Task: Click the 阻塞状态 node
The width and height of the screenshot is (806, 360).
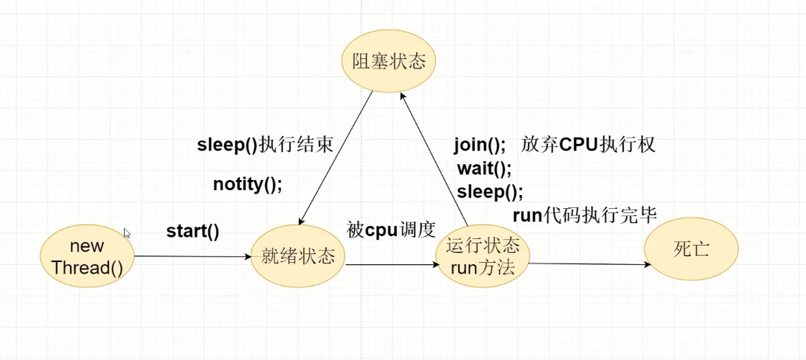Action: click(389, 60)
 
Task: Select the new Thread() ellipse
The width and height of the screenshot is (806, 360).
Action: click(88, 257)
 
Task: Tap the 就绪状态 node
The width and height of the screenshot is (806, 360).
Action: click(298, 256)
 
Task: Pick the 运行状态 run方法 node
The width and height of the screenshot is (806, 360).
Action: click(483, 257)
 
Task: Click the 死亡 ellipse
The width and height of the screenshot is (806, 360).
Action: click(691, 250)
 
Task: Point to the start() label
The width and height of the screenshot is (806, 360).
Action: click(193, 231)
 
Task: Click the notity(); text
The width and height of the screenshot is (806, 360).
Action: click(247, 184)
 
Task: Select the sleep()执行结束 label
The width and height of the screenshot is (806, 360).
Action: click(265, 145)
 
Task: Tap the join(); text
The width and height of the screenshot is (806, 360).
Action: click(480, 145)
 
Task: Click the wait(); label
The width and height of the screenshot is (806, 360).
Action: click(483, 168)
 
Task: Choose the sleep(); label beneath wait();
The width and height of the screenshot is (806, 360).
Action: click(490, 192)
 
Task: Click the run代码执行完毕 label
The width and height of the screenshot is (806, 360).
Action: click(584, 214)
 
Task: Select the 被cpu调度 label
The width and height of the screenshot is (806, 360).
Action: click(391, 230)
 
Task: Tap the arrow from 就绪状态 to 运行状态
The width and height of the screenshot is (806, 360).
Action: click(393, 264)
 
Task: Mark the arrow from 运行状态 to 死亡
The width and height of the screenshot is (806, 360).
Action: click(587, 264)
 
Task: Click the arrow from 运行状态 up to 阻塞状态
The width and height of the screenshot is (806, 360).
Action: click(434, 158)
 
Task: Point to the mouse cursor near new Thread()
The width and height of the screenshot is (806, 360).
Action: click(127, 233)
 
